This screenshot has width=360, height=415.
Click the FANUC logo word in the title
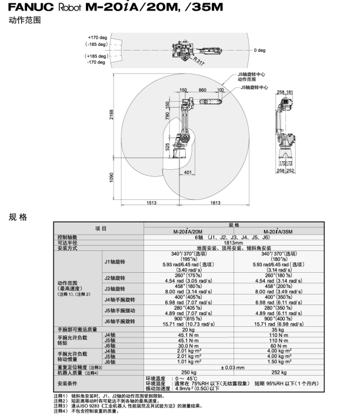31,7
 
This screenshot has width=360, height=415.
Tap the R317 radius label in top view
199,61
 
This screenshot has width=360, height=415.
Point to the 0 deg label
259,51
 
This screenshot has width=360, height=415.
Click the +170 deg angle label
98,38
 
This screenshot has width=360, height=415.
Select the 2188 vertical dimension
112,115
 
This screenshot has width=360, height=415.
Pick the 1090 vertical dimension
112,178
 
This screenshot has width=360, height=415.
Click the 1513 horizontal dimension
152,203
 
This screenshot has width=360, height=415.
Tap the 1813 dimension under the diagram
215,203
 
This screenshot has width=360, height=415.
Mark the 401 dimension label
188,172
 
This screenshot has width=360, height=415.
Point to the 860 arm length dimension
202,90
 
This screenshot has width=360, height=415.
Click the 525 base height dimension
167,147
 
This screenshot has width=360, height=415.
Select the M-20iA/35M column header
278,232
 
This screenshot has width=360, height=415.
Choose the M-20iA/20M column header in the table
188,232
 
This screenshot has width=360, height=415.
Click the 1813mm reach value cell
234,243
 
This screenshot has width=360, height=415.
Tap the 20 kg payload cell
188,330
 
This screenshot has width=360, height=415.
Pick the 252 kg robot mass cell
279,373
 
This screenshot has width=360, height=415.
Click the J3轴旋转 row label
115,289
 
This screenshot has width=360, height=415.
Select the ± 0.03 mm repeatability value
233,367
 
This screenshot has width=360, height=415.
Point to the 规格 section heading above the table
18,217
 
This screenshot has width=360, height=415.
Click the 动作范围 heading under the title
25,20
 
